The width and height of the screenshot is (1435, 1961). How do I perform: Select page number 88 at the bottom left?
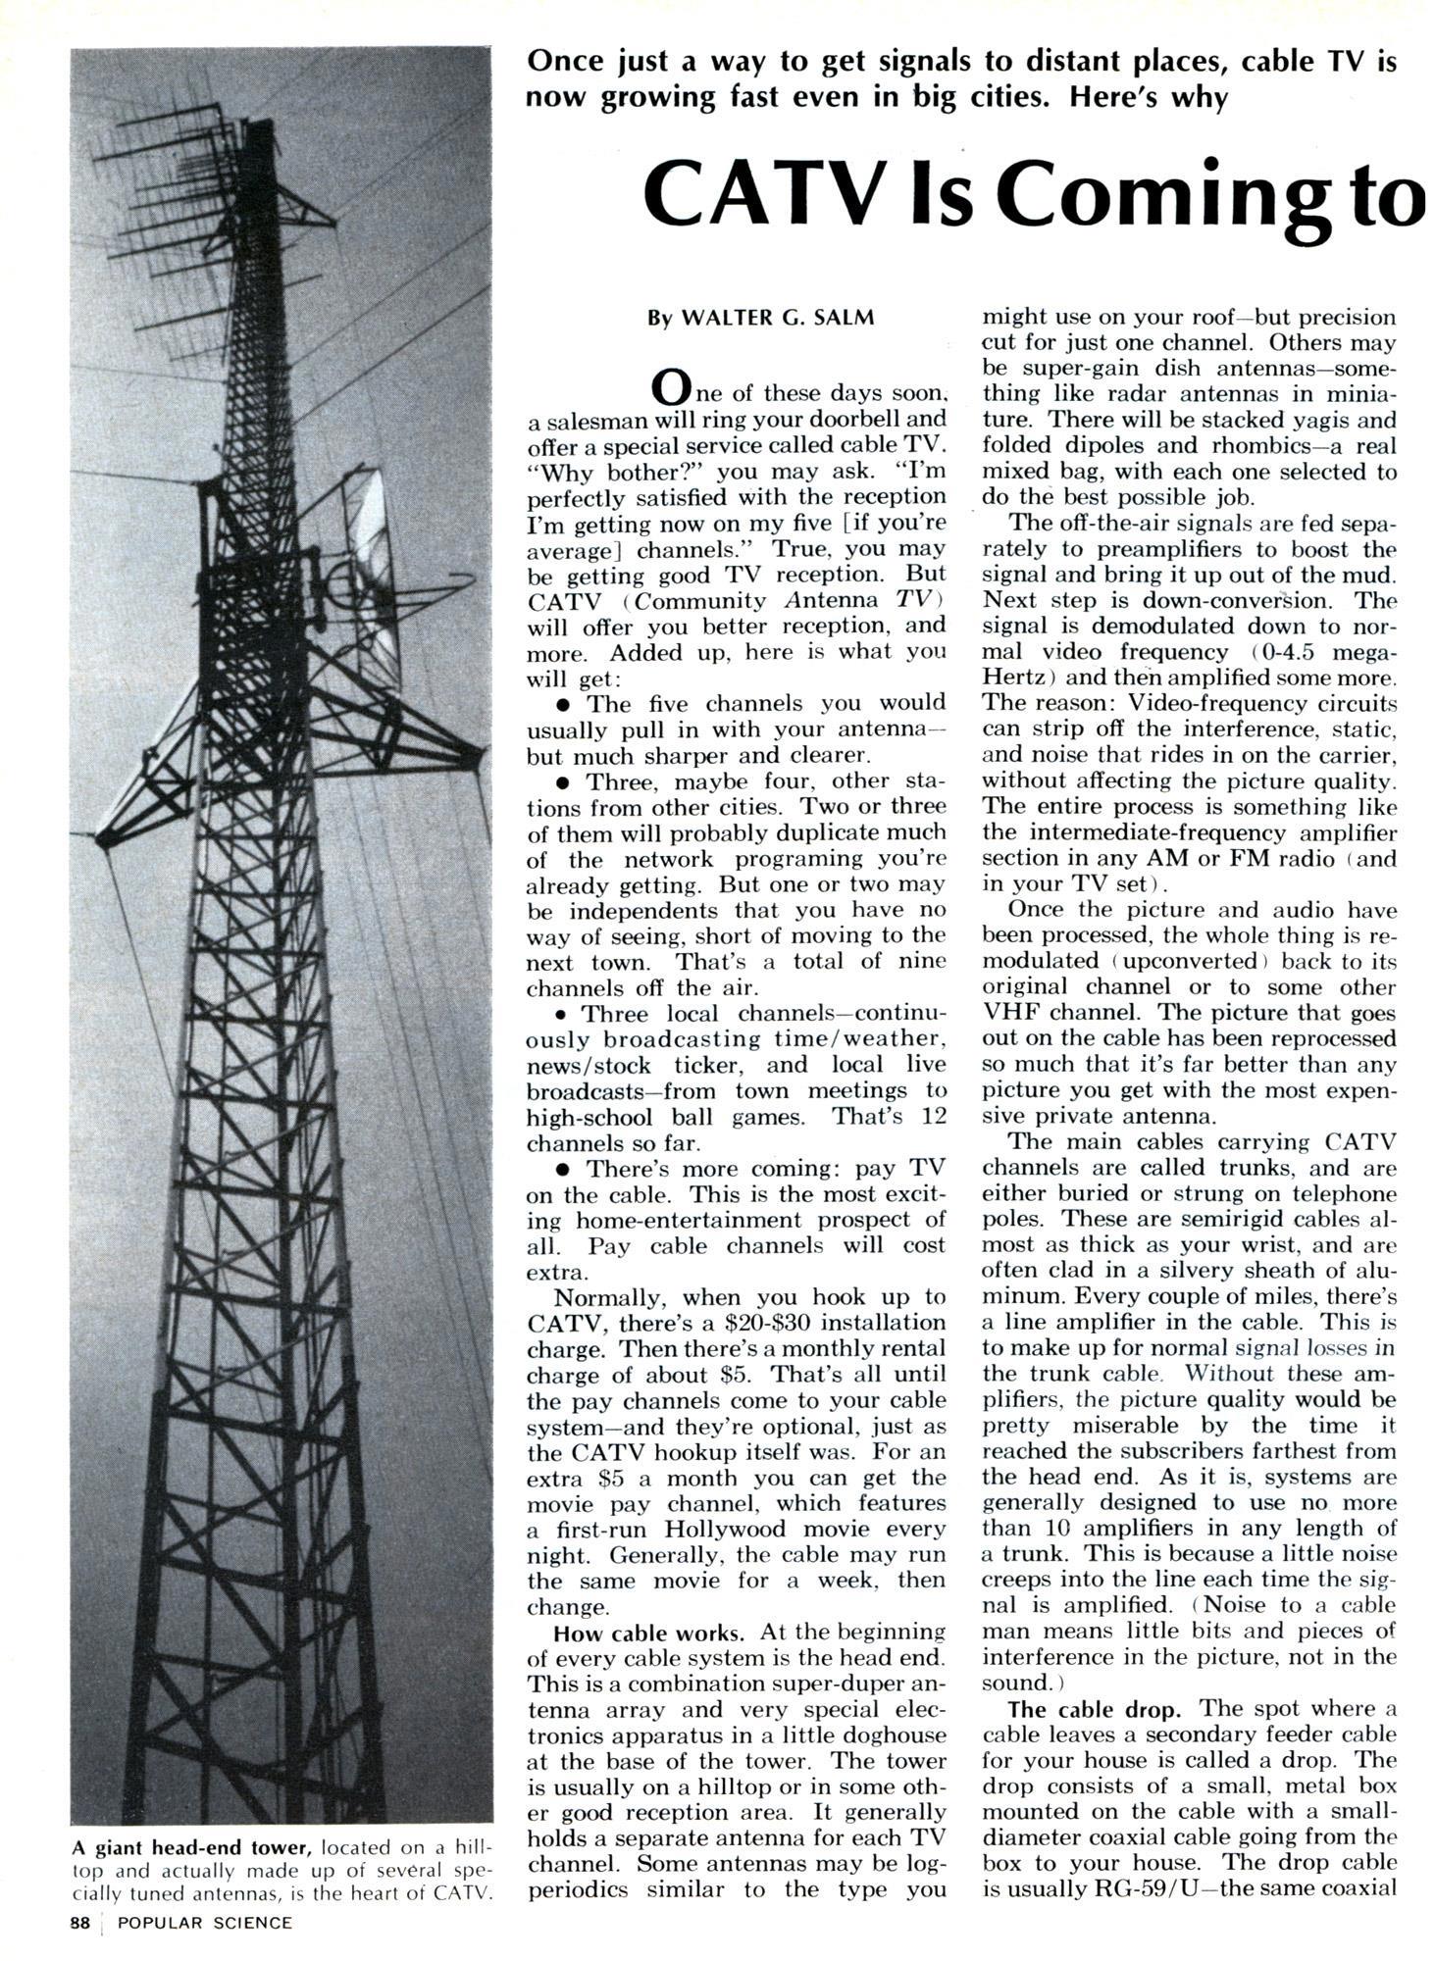pyautogui.click(x=80, y=1922)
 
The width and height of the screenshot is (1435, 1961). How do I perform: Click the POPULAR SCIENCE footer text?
pyautogui.click(x=204, y=1922)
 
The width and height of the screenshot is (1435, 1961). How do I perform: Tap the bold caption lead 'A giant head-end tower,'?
pyautogui.click(x=191, y=1847)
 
